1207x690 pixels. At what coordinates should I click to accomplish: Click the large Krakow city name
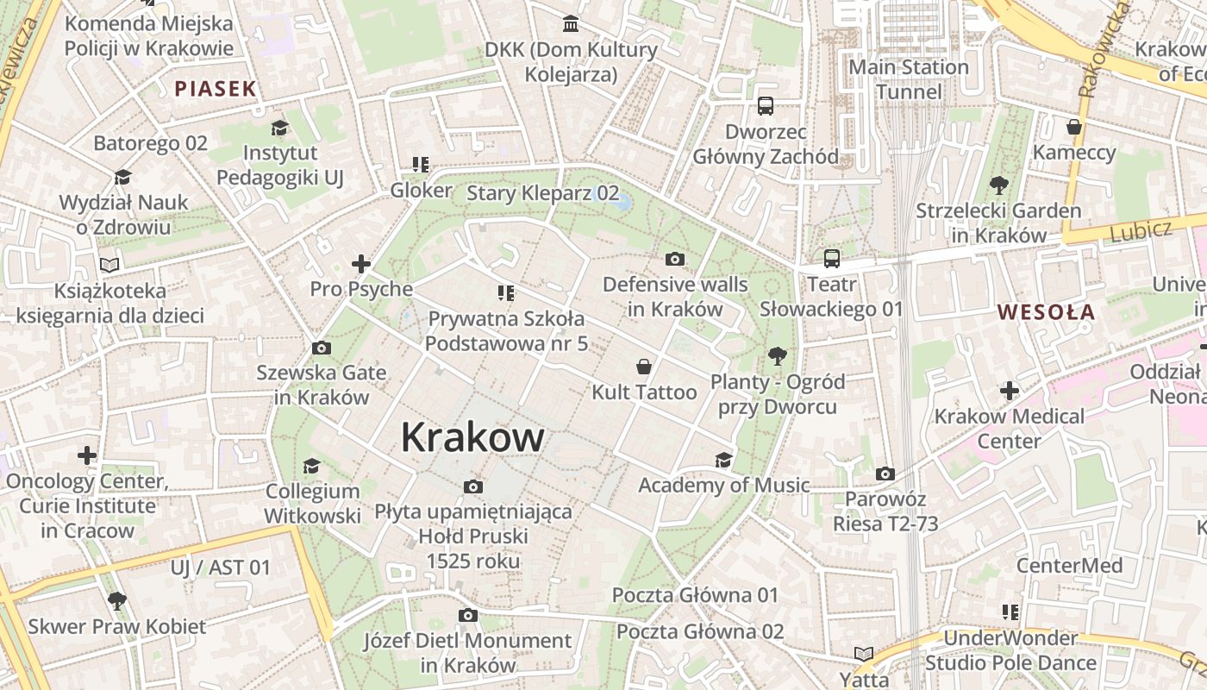click(472, 437)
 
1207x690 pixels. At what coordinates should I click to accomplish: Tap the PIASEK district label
click(216, 88)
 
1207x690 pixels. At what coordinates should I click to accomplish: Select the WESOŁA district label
click(1046, 312)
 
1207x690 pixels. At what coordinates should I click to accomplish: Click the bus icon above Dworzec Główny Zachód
click(765, 106)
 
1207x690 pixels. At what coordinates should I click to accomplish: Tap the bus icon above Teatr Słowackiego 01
click(831, 258)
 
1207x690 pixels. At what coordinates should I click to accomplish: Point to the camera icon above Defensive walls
click(675, 259)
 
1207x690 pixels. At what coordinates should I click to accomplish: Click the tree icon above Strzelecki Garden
click(999, 185)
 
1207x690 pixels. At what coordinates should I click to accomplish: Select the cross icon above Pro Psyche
click(361, 264)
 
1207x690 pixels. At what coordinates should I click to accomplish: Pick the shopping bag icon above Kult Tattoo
click(643, 367)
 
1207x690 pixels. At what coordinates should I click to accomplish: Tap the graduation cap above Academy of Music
click(723, 460)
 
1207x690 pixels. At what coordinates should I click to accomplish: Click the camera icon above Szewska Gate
click(322, 348)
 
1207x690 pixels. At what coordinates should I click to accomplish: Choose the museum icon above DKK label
click(571, 23)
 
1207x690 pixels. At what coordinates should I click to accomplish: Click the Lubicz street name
click(1141, 230)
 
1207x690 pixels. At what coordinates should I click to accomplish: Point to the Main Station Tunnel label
click(909, 79)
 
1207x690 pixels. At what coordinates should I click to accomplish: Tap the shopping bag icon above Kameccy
click(1074, 127)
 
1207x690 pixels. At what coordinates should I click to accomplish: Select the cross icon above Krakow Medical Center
click(1010, 391)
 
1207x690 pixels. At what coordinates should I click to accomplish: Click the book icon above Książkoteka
click(109, 265)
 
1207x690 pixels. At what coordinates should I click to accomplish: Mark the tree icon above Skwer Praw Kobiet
click(117, 600)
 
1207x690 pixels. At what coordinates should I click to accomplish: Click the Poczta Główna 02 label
click(700, 631)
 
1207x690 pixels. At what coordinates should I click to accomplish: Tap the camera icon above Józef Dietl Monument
click(468, 615)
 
